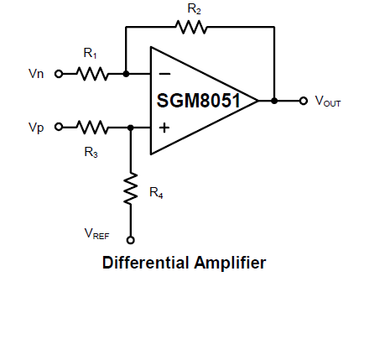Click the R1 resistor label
point(90,53)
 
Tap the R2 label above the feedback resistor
point(194,9)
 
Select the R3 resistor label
point(91,153)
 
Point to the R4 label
point(156,193)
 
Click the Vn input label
point(36,74)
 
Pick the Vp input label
point(36,128)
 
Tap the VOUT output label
point(328,101)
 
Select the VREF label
point(96,233)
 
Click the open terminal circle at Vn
point(59,74)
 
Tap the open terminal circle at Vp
point(59,127)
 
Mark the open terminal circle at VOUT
point(304,101)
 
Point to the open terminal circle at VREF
point(131,240)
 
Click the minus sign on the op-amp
point(164,74)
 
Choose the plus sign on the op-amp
point(164,128)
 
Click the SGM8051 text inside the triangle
point(199,101)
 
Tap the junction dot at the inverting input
point(126,74)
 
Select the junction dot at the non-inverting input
point(131,128)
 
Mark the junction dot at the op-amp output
point(274,101)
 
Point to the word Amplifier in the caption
point(230,263)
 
